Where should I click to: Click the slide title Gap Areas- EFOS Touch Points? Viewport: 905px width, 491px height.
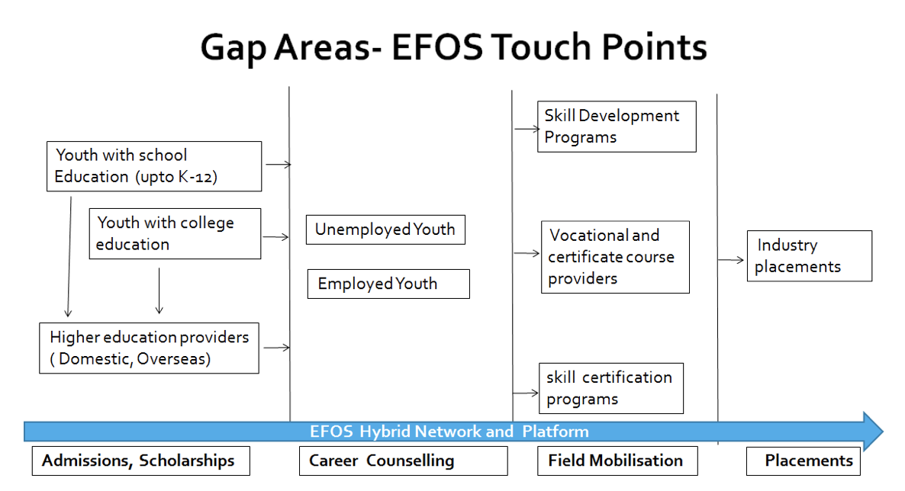point(453,47)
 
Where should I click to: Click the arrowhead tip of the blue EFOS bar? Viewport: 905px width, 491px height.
point(883,431)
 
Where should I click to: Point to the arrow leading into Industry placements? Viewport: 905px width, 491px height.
point(731,260)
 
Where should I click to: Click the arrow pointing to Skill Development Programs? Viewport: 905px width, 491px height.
point(527,130)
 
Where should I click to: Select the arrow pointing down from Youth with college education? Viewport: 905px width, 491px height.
point(159,290)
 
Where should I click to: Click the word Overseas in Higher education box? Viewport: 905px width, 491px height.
point(173,359)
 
